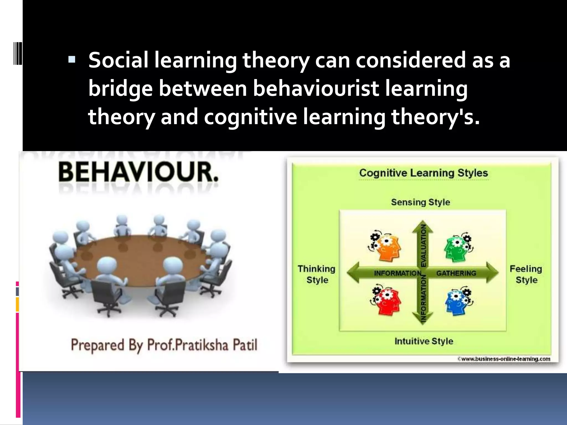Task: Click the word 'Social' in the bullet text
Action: (x=118, y=60)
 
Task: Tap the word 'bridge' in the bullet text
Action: (x=120, y=89)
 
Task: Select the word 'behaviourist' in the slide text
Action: (x=316, y=89)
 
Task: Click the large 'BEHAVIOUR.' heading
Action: (x=138, y=172)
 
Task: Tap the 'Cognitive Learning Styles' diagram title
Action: (x=423, y=173)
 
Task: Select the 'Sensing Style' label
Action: (x=420, y=202)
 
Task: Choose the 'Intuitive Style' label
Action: (x=424, y=341)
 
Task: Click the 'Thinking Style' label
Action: (x=316, y=274)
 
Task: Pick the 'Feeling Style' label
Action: (x=526, y=274)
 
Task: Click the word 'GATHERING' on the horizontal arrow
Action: (x=456, y=273)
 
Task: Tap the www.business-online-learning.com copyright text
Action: (x=504, y=359)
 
